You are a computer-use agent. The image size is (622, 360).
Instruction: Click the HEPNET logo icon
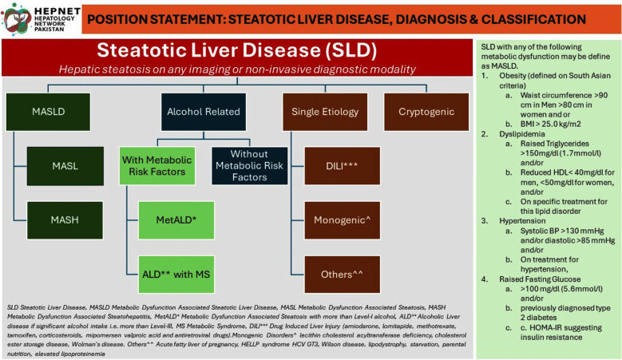[x=17, y=18]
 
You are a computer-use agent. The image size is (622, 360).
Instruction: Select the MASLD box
[x=49, y=112]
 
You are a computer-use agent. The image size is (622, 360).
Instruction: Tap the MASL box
[x=65, y=166]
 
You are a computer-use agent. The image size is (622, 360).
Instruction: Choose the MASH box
[x=65, y=220]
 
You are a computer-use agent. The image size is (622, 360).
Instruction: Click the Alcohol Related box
[x=204, y=112]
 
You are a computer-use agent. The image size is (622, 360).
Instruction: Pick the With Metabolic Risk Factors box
[x=157, y=166]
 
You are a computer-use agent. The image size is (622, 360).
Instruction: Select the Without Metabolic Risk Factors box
[x=249, y=166]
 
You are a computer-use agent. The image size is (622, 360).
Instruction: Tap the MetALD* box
[x=176, y=220]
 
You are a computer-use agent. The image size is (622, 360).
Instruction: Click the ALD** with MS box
[x=176, y=275]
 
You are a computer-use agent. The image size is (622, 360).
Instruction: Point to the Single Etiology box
[x=325, y=112]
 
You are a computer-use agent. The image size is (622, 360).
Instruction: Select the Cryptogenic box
[x=426, y=112]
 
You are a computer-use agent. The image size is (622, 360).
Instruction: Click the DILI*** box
[x=342, y=166]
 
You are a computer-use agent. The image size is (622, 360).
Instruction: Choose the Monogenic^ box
[x=342, y=220]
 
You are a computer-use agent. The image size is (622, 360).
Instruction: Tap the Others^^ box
[x=342, y=275]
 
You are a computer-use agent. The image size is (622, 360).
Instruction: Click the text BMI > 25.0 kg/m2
[x=551, y=124]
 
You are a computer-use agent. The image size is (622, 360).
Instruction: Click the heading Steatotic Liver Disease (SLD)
[x=237, y=50]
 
